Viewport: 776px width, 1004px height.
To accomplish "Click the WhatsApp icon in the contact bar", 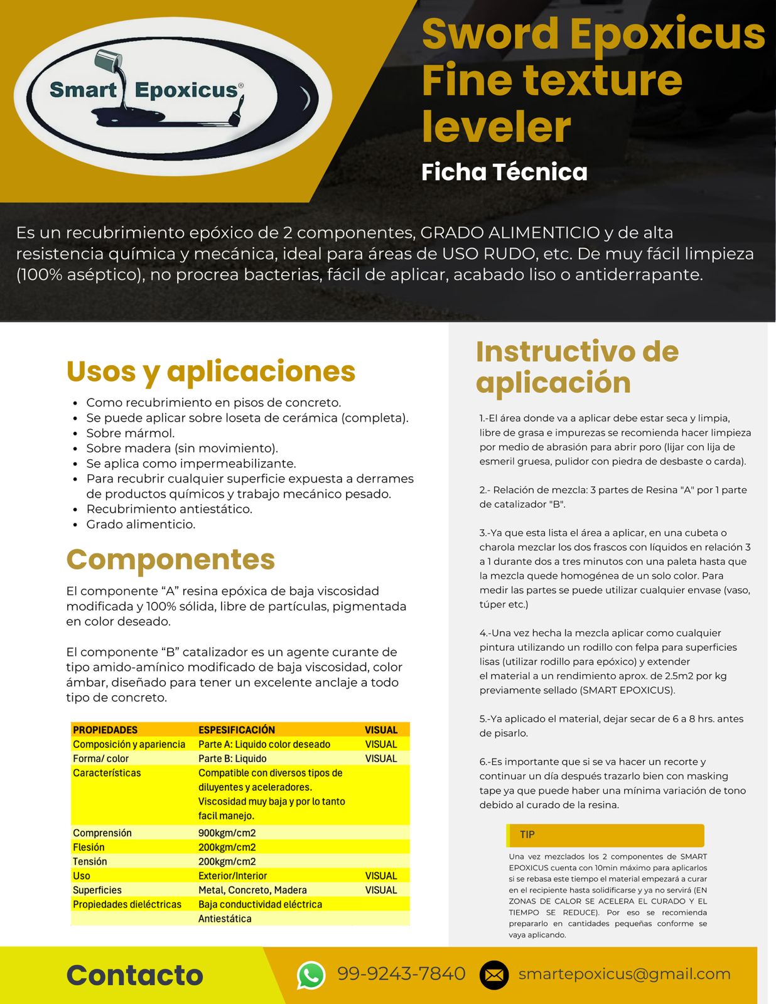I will click(311, 975).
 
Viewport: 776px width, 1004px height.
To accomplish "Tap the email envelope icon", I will click(494, 975).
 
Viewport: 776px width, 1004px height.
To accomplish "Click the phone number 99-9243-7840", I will click(401, 974).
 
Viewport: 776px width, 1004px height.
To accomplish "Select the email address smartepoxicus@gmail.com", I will click(624, 974).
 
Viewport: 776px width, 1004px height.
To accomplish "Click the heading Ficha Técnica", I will click(504, 172).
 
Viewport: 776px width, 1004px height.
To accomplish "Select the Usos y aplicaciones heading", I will click(211, 371).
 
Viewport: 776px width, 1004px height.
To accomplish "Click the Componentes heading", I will click(171, 559).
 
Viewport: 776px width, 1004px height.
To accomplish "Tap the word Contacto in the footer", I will click(135, 975).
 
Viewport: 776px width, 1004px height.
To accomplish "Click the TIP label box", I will click(605, 835).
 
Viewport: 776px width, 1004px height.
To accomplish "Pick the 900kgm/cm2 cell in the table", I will click(227, 833).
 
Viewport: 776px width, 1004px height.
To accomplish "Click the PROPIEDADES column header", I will click(105, 730).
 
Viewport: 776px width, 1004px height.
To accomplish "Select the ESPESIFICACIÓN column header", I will click(237, 730).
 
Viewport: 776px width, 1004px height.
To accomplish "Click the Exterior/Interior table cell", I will click(232, 876).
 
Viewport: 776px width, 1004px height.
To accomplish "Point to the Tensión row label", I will click(90, 862).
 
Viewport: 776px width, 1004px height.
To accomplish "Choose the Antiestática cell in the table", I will click(225, 919).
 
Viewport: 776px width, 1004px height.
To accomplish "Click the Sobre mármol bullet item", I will click(131, 433).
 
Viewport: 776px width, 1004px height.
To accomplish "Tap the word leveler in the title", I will click(496, 127).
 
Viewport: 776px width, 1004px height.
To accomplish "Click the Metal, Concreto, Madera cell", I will click(252, 890).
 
